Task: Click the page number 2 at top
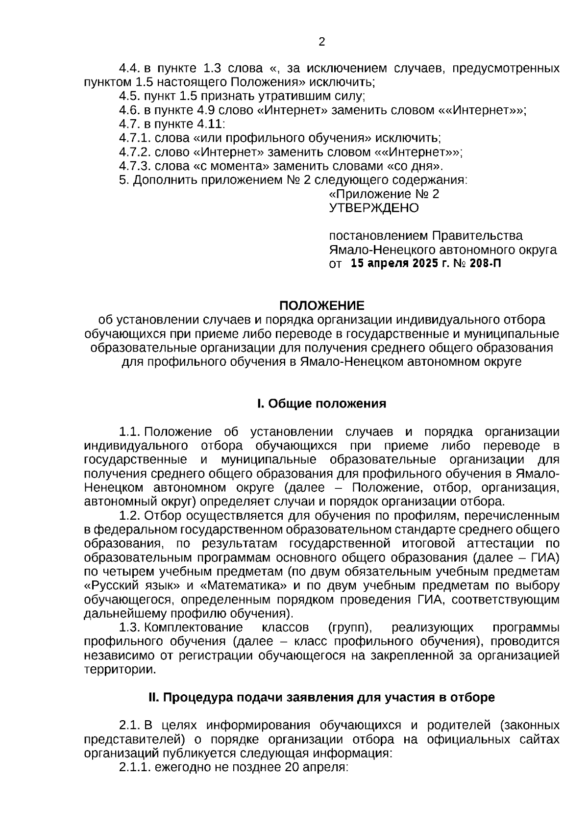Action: pyautogui.click(x=321, y=42)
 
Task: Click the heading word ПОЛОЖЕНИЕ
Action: pyautogui.click(x=321, y=306)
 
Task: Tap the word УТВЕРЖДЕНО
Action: pyautogui.click(x=373, y=208)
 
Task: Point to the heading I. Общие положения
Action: pyautogui.click(x=321, y=404)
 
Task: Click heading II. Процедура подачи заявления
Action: pyautogui.click(x=321, y=698)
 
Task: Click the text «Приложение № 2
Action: pyautogui.click(x=383, y=194)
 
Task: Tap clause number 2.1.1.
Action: pyautogui.click(x=135, y=767)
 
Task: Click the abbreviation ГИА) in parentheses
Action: pyautogui.click(x=545, y=558)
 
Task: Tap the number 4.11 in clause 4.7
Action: pyautogui.click(x=211, y=124)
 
